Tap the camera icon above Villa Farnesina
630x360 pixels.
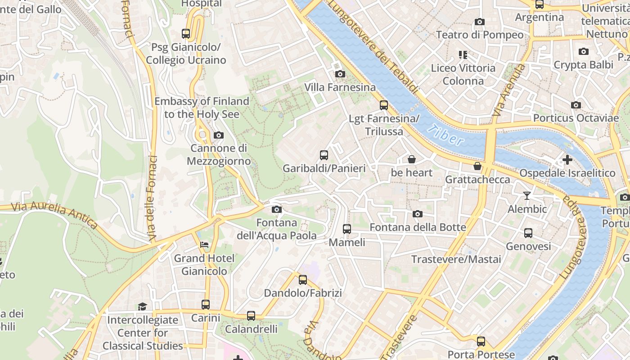click(x=340, y=74)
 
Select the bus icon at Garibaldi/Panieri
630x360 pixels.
click(x=324, y=155)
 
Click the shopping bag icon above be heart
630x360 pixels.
click(x=411, y=159)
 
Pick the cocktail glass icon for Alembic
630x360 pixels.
click(x=527, y=196)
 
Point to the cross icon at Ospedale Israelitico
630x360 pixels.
click(x=567, y=160)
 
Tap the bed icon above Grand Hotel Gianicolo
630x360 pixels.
click(x=204, y=245)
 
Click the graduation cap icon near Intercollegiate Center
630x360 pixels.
click(x=142, y=306)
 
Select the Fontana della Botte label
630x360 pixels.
click(x=418, y=227)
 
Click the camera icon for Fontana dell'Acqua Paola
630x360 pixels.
click(x=277, y=209)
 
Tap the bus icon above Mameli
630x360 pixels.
click(x=346, y=229)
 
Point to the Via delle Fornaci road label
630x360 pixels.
click(x=152, y=198)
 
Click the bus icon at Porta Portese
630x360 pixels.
click(x=481, y=341)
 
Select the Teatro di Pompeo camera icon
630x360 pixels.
click(x=479, y=22)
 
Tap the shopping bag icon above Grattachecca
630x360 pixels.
click(x=477, y=166)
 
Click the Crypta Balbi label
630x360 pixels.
click(x=583, y=65)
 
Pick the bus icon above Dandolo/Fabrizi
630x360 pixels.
click(x=303, y=279)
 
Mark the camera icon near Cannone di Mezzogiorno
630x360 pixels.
click(x=218, y=135)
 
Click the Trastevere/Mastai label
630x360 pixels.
click(x=456, y=259)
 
